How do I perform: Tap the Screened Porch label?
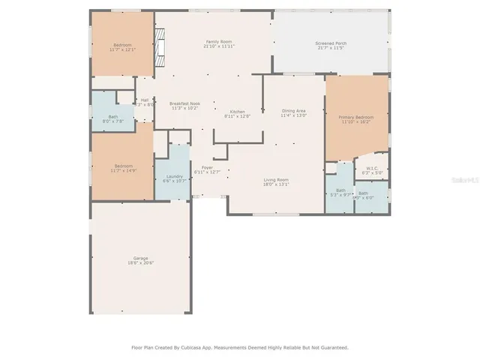(x=330, y=43)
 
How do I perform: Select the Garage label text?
(x=140, y=258)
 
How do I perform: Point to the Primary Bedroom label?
(x=355, y=118)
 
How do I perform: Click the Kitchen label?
(x=238, y=111)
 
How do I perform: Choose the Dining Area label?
(x=293, y=110)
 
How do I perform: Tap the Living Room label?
(x=276, y=179)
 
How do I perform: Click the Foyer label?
(x=207, y=167)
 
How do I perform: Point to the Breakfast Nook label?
(x=184, y=103)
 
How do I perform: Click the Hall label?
(x=145, y=100)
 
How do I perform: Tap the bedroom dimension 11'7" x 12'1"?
(x=121, y=50)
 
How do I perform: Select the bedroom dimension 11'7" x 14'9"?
(x=123, y=170)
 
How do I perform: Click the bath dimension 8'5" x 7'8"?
(x=112, y=121)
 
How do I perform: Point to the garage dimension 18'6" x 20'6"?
(x=140, y=263)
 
